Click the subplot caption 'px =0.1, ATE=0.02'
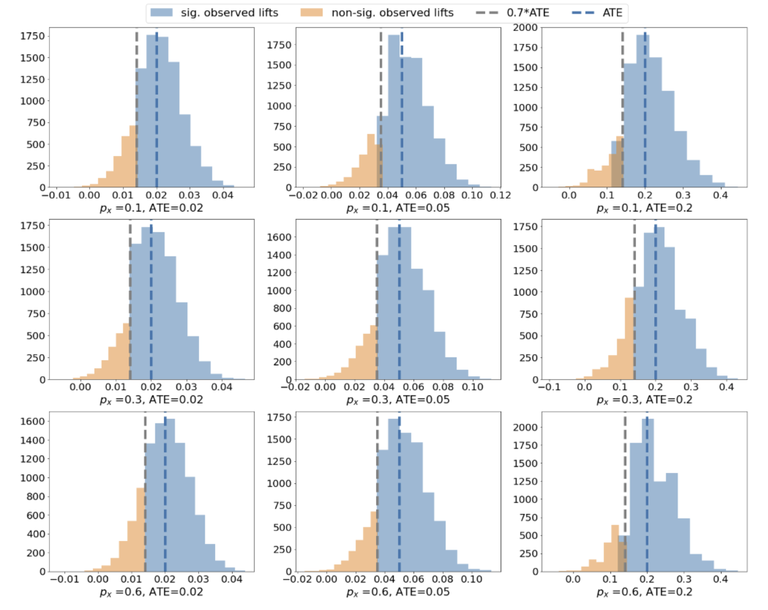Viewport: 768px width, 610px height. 151,208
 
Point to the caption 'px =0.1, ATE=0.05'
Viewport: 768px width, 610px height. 398,208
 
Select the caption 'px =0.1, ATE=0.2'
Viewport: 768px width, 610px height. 644,208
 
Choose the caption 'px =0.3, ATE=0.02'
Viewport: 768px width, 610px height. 151,400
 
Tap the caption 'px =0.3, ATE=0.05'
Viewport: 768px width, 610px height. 398,400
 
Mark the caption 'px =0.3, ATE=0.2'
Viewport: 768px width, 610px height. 644,400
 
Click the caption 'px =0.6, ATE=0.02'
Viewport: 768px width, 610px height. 151,592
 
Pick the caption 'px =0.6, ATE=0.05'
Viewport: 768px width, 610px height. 398,592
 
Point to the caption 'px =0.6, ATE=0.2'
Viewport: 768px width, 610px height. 644,592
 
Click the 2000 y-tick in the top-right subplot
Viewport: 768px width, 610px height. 525,28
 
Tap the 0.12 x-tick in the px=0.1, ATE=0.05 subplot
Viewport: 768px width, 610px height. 500,195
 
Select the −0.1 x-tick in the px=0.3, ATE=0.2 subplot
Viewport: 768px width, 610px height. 549,387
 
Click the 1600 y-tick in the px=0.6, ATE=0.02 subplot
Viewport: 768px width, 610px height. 32,421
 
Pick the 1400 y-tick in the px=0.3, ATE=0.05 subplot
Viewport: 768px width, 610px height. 279,255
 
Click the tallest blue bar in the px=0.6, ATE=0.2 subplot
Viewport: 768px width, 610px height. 647,495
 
